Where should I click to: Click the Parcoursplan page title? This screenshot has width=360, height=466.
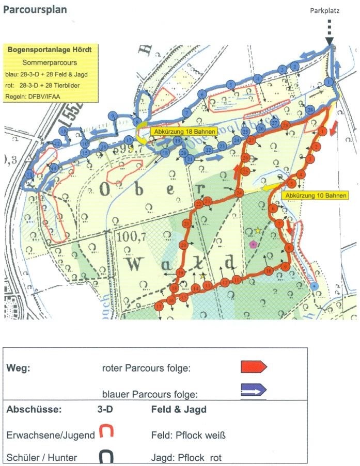[x=35, y=10]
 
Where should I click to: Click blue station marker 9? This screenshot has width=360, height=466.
[x=113, y=116]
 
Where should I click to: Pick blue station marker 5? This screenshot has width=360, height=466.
[x=231, y=85]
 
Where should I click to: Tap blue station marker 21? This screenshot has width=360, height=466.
[x=190, y=160]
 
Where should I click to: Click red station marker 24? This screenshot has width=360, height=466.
[x=239, y=193]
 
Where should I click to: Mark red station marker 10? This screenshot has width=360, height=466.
[x=269, y=270]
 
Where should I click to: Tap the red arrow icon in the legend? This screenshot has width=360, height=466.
[x=253, y=367]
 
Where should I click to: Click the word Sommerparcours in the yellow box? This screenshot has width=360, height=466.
[x=50, y=62]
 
